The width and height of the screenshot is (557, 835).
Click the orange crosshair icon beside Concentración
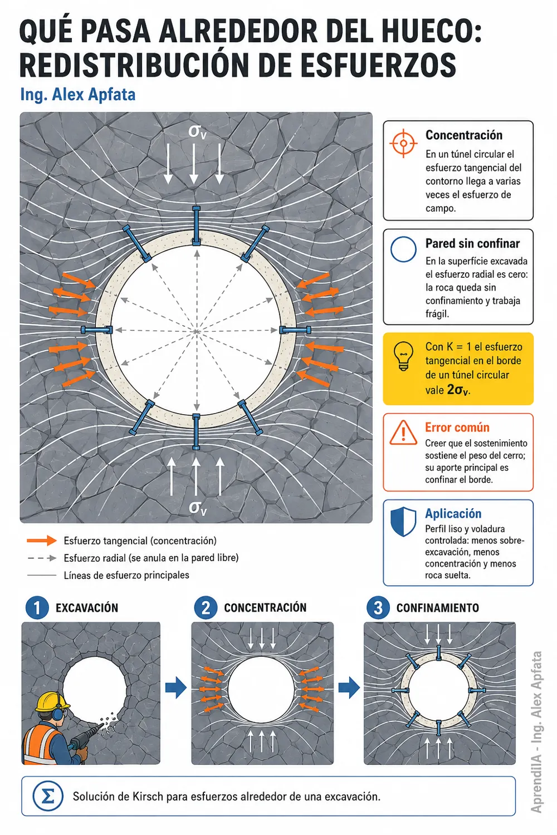403,144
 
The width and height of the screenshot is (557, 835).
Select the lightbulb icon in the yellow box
403,356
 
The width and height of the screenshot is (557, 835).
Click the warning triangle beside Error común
403,433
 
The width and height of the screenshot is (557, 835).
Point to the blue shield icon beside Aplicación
403,522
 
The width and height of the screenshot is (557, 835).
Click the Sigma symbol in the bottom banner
47,796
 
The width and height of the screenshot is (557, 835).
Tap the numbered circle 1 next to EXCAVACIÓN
37,608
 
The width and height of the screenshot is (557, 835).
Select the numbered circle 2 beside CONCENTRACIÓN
206,608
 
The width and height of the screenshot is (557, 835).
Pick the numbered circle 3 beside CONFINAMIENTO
378,608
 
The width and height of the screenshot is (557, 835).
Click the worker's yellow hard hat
52,703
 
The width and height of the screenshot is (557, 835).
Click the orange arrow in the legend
42,541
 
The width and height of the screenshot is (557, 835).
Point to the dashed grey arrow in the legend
42,558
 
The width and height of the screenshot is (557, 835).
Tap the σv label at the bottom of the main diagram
197,508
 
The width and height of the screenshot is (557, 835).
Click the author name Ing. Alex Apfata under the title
77,95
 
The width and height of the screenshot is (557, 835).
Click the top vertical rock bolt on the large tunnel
196,226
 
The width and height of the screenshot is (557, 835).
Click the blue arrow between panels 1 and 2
175,687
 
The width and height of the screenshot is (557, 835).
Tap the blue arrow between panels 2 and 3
349,687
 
